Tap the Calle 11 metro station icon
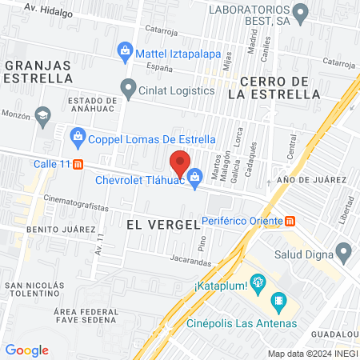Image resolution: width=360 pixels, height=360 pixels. (x=78, y=165)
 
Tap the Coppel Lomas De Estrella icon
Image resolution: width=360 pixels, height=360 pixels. (x=78, y=134)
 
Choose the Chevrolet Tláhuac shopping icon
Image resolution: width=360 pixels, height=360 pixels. (x=194, y=174)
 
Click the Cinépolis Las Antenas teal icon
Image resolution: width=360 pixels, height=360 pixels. (x=279, y=302)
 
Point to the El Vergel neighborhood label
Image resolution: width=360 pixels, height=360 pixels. (x=162, y=225)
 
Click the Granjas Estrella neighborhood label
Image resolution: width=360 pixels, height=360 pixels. (x=37, y=71)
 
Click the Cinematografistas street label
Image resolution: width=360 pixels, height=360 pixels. (x=77, y=206)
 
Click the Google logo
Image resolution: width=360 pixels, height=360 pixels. (x=27, y=350)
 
